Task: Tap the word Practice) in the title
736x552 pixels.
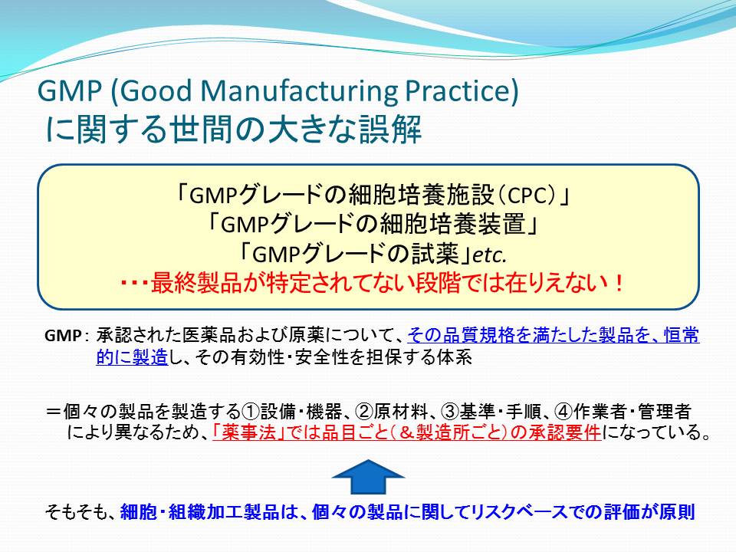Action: coord(462,90)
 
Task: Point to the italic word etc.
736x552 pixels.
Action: coord(490,255)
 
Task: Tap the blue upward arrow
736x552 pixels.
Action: coord(369,476)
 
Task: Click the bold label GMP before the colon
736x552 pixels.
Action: coord(63,336)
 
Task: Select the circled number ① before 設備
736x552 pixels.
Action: coord(251,412)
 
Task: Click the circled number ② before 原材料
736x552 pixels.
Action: coord(364,412)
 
